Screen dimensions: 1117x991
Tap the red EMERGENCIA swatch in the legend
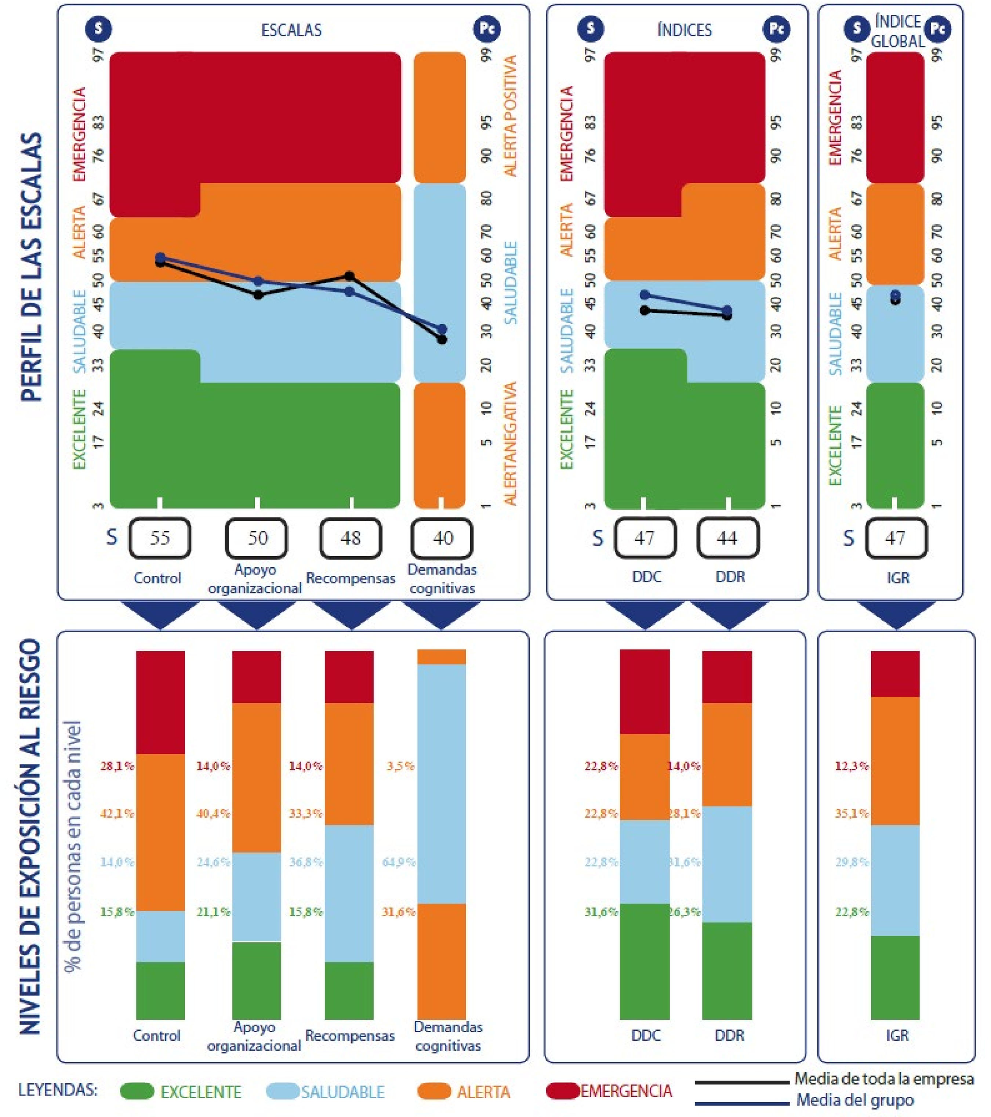[563, 1091]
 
